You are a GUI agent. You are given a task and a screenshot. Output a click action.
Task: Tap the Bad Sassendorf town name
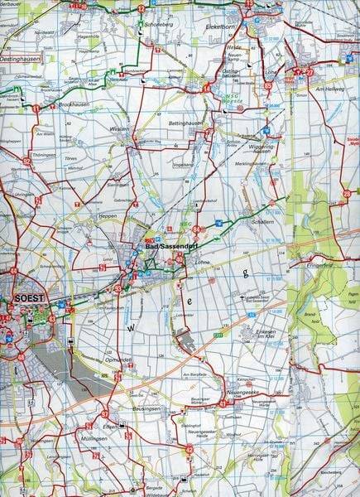(x=164, y=247)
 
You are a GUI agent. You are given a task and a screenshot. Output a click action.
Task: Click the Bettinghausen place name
(x=186, y=123)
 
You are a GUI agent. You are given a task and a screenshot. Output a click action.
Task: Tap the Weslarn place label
(x=121, y=130)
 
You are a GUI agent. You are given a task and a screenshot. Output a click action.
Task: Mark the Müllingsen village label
(x=96, y=436)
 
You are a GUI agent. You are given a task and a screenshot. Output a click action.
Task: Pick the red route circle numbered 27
(x=310, y=72)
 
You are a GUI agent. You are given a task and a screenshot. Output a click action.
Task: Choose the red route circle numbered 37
(x=105, y=413)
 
